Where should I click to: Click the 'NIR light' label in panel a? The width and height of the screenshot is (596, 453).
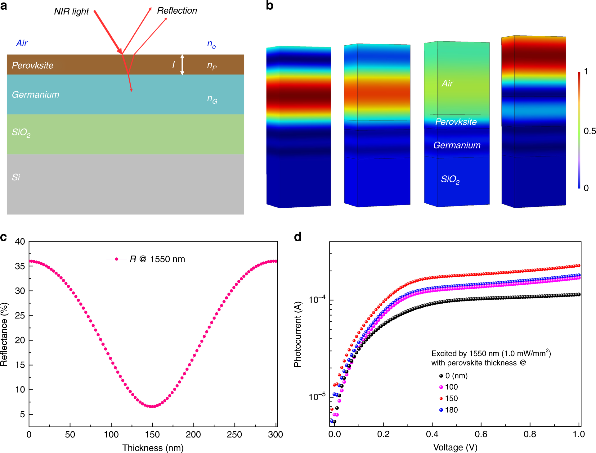point(71,11)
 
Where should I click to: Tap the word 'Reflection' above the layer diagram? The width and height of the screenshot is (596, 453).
point(177,11)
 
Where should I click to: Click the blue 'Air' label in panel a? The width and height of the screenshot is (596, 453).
point(22,43)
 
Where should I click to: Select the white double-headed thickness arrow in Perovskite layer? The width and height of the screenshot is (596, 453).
point(182,65)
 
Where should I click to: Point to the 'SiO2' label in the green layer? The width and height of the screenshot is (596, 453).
point(21,133)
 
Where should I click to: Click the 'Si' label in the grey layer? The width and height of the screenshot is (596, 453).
point(16,177)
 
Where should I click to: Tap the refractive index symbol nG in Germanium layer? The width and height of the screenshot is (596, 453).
point(212,99)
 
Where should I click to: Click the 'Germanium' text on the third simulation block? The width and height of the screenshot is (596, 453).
point(457,145)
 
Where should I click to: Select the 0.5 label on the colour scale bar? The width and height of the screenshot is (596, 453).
point(589,131)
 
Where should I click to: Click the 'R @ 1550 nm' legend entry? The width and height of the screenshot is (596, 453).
point(157,259)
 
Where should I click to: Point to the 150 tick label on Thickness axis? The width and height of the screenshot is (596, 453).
point(152,434)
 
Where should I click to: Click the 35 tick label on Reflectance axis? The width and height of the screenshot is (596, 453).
point(20,266)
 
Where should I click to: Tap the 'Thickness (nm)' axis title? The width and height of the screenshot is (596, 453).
point(153,448)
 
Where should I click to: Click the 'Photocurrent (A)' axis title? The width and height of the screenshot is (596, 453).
point(298,334)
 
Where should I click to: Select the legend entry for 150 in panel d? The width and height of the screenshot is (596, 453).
point(451,398)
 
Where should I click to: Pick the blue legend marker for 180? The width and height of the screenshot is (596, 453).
point(441,410)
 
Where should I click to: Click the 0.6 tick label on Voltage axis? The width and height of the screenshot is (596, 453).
point(481,434)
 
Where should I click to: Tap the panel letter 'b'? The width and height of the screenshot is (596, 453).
point(270,6)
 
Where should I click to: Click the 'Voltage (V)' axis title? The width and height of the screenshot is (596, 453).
point(455,447)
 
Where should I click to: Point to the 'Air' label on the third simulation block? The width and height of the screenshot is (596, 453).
point(447,83)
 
